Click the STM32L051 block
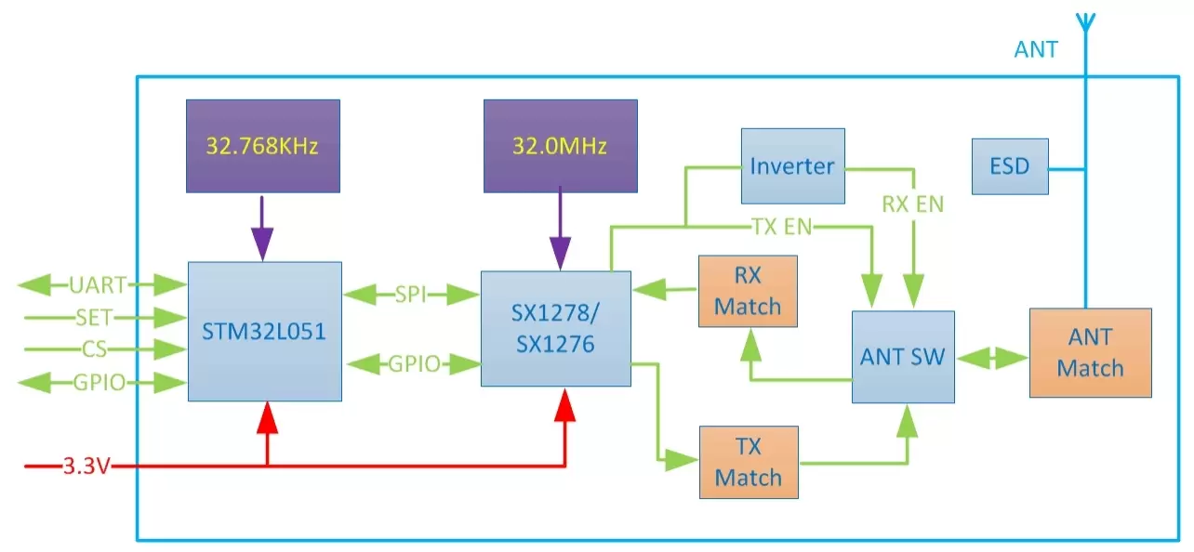pos(264,331)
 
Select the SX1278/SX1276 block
pos(555,328)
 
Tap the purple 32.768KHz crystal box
pos(262,146)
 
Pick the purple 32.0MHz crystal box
pos(560,146)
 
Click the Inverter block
pos(792,166)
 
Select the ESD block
pos(1009,166)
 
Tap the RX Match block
pos(748,292)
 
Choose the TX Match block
pos(748,462)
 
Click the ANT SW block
pos(903,357)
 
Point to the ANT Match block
pos(1090,352)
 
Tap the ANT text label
pos(1035,49)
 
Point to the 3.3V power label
pos(86,466)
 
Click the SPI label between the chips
pos(410,295)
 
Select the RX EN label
pos(912,204)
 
